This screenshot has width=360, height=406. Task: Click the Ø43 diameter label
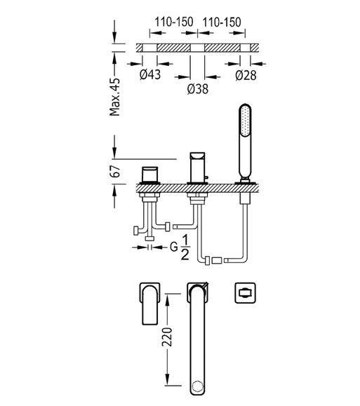[x=150, y=74]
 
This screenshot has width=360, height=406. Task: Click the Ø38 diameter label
[x=198, y=89]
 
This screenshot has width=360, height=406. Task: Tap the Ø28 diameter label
[x=246, y=75]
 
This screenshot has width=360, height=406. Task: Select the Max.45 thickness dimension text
[x=115, y=97]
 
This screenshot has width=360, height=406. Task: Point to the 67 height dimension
[x=116, y=171]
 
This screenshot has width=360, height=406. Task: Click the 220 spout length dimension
[x=167, y=337]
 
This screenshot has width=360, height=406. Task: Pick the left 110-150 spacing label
[x=174, y=22]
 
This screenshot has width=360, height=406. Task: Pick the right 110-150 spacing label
[x=222, y=22]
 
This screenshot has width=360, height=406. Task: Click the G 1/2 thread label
[x=180, y=248]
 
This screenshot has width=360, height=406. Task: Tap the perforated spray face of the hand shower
[x=245, y=121]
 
